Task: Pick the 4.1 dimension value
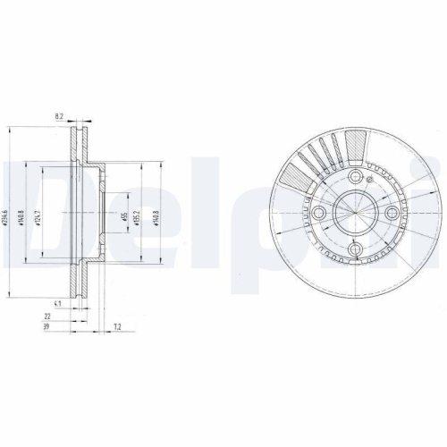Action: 57,304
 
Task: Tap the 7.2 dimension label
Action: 117,329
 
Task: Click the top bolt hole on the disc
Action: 353,179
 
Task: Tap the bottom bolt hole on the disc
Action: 353,249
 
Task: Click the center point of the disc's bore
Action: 353,214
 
